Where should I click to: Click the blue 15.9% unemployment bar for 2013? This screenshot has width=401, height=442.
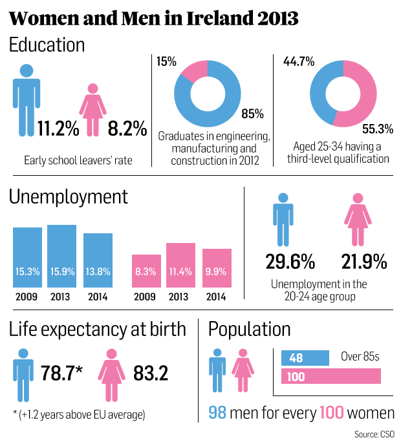61,256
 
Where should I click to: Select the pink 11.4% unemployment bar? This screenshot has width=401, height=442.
180,265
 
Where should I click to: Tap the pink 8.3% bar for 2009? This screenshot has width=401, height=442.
147,271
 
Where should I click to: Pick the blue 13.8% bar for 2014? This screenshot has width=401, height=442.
98,260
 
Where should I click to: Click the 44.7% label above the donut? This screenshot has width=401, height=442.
299,62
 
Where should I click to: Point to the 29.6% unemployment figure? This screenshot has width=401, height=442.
290,262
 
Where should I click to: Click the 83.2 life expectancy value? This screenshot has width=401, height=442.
151,373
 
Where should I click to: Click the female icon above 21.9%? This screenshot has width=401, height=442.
356,221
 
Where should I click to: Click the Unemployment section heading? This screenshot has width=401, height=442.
69,196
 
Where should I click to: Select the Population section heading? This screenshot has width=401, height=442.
249,329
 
